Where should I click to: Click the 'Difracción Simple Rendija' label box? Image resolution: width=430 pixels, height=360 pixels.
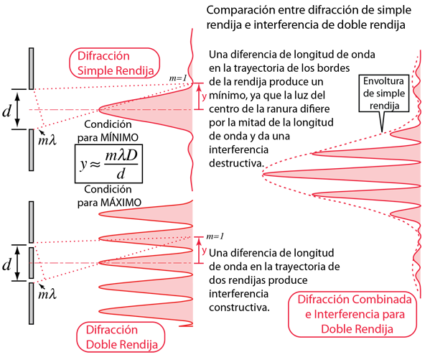pos(114,63)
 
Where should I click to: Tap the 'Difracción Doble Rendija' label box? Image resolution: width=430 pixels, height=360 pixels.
pos(121,337)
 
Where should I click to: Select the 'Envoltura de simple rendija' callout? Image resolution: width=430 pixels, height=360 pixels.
pos(384,93)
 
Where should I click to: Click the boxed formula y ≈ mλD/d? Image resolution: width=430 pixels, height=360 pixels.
pos(108,164)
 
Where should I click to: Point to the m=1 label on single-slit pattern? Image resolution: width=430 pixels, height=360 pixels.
pos(178,78)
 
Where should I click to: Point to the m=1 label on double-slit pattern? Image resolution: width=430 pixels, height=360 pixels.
pos(215,236)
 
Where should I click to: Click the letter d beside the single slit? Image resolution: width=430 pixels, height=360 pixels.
pos(7,111)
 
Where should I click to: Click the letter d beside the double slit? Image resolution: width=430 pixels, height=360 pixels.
pos(7,264)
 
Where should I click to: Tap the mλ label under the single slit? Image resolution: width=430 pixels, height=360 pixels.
pos(47,140)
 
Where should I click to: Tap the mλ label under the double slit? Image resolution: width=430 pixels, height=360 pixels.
pos(47,294)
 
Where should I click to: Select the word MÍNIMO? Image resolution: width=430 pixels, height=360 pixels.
pos(119,137)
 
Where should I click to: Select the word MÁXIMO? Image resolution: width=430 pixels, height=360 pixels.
pos(121,203)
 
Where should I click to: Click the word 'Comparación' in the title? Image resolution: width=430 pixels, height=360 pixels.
pos(240,11)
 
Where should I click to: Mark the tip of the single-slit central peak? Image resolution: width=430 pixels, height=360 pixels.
pos(99,109)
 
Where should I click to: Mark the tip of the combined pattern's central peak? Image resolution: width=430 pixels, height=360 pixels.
pos(263,174)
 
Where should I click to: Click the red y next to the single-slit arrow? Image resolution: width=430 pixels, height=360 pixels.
pos(204,96)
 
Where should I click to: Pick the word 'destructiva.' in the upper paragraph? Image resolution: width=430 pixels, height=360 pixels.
pos(236,163)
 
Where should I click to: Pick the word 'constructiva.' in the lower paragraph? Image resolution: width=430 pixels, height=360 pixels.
pos(239,308)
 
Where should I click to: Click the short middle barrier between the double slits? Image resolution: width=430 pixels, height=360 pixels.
pos(32,263)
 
